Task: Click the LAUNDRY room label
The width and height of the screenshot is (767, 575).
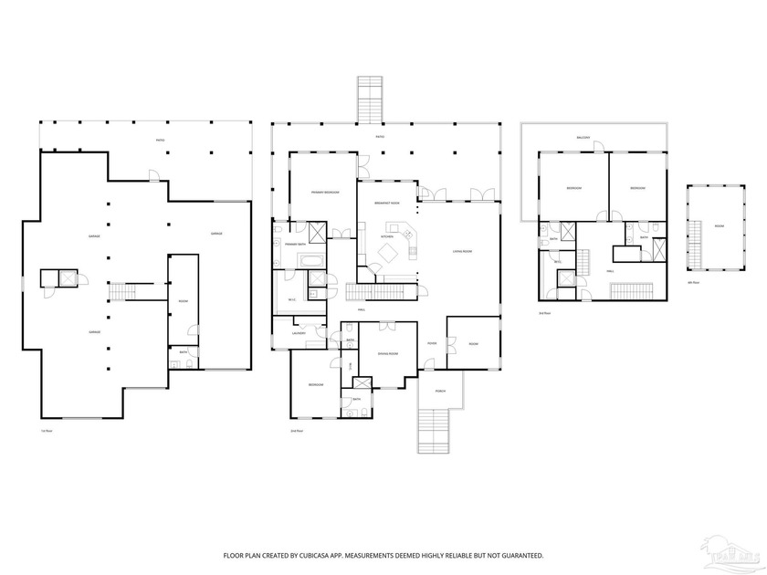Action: [x=299, y=333]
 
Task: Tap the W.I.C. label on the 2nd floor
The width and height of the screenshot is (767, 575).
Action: [x=291, y=299]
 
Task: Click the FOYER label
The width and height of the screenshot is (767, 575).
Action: [x=431, y=343]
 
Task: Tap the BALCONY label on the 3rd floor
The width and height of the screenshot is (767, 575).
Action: [x=583, y=138]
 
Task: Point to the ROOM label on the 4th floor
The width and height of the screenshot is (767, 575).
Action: [x=720, y=225]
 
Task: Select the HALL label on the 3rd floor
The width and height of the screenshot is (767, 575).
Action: [x=610, y=270]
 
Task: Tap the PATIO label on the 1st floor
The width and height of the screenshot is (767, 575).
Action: [x=160, y=141]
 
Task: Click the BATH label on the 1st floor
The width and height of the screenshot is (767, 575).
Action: [x=184, y=352]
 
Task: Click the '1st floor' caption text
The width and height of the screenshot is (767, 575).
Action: [x=47, y=430]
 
